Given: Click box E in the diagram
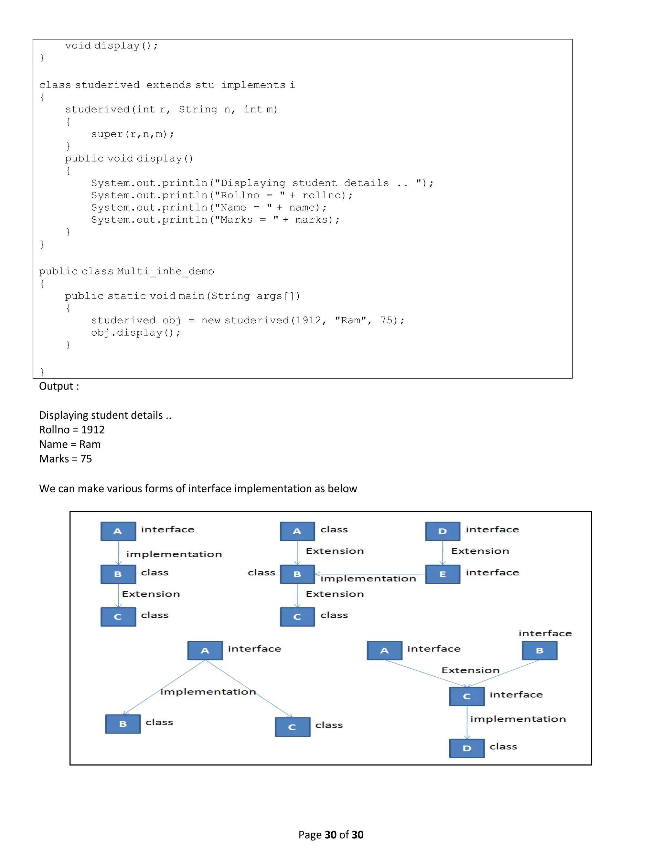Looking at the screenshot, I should tap(443, 574).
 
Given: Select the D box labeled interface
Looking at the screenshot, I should tap(443, 531).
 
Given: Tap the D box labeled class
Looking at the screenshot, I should tap(467, 748).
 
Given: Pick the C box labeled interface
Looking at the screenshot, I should tap(467, 696).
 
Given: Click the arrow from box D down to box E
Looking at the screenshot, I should tap(443, 553).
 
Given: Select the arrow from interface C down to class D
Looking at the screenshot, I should tap(467, 722).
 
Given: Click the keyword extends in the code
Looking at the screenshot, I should tap(169, 85).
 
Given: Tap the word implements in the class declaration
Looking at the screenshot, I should tap(253, 85).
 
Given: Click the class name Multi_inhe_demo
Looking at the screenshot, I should tap(165, 271).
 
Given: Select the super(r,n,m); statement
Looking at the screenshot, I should tap(133, 134).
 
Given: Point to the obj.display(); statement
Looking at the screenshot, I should tap(136, 333).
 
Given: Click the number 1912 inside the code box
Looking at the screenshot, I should tap(309, 320).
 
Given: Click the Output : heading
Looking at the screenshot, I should tap(59, 386).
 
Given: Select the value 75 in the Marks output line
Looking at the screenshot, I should tap(86, 459).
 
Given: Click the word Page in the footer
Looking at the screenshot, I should tap(310, 835).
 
